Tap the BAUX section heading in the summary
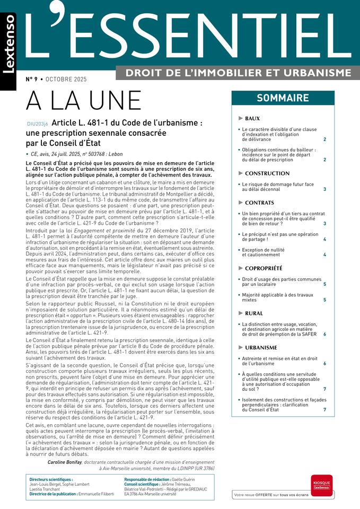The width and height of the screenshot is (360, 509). tap(252, 118)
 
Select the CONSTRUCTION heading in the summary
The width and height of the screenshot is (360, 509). tap(267, 173)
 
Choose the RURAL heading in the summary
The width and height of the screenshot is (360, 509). tap(254, 313)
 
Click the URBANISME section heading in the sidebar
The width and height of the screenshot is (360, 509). tap(261, 348)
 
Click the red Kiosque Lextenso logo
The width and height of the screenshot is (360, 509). tap(321, 485)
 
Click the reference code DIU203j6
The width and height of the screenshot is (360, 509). tap(37, 124)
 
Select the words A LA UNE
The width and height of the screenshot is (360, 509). tap(84, 101)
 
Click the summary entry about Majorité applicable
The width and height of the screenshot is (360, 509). tap(271, 297)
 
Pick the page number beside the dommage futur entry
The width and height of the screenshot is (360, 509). tap(324, 189)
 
